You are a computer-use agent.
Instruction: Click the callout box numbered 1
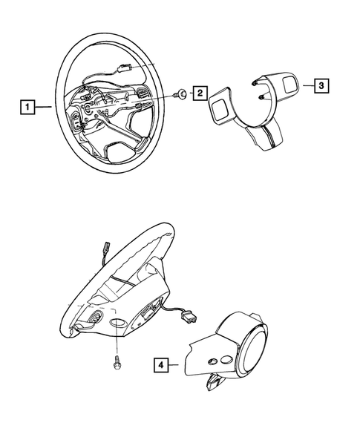click(x=26, y=108)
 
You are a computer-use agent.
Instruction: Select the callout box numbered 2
click(x=200, y=93)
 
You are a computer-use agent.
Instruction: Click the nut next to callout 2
click(x=180, y=94)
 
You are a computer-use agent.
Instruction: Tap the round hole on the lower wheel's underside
click(x=118, y=325)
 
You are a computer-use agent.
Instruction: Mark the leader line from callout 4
click(x=178, y=364)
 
